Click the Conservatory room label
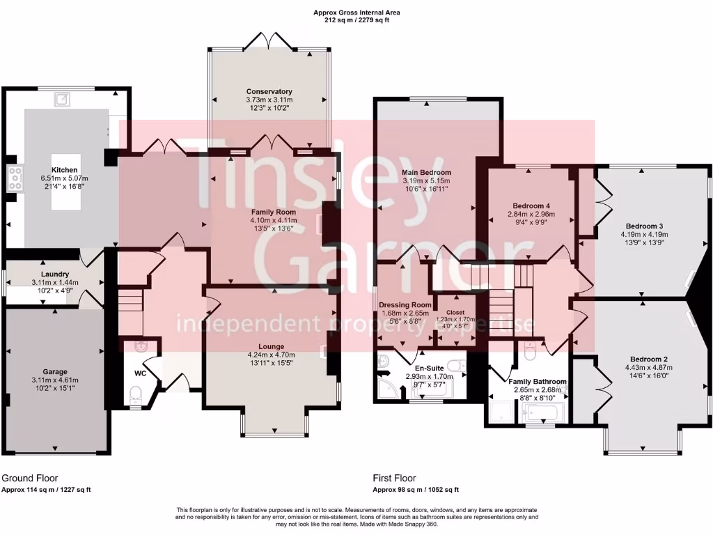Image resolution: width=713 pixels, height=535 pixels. point(269,91)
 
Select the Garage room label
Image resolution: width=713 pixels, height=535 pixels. point(55,371)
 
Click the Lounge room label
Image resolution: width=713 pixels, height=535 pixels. point(271,346)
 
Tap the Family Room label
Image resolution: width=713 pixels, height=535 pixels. point(273,212)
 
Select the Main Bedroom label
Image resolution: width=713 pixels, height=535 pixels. point(426,172)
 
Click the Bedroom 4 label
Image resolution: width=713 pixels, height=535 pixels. point(531,206)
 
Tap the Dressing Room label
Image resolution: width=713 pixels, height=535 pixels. point(405,304)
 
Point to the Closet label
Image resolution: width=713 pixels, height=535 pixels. point(455,312)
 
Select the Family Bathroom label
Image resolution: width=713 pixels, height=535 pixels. point(537,382)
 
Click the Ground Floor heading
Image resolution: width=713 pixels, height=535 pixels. point(30,479)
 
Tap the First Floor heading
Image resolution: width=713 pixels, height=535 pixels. point(395,479)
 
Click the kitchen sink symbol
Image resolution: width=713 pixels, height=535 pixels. point(63,98)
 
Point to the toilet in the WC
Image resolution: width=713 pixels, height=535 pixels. point(135,397)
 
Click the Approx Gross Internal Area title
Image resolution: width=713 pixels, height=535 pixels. point(357,13)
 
